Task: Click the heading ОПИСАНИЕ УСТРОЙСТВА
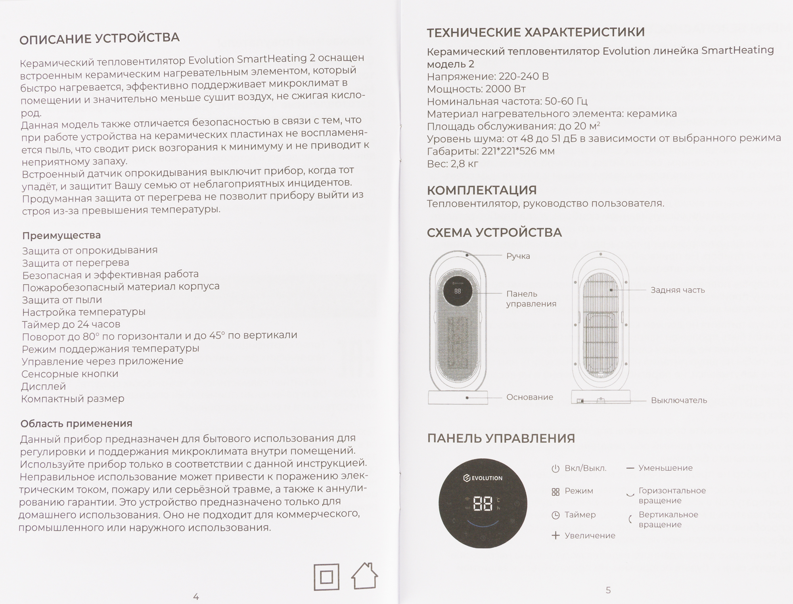tap(100, 38)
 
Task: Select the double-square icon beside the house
tap(326, 577)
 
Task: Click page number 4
tap(196, 596)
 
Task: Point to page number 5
tap(608, 590)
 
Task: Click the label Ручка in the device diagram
tap(518, 256)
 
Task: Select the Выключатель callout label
tap(679, 400)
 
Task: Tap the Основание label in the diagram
tap(529, 397)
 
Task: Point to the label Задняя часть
tap(678, 290)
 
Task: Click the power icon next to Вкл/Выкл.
tap(555, 468)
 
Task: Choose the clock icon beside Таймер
tap(555, 515)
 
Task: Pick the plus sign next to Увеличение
tap(555, 536)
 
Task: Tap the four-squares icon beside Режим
tap(555, 492)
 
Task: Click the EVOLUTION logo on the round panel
tap(483, 478)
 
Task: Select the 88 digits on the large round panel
tap(483, 504)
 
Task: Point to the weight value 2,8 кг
tap(464, 164)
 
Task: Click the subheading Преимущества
tap(61, 235)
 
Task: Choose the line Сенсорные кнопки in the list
tap(70, 374)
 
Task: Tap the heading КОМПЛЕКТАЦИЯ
tap(482, 190)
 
